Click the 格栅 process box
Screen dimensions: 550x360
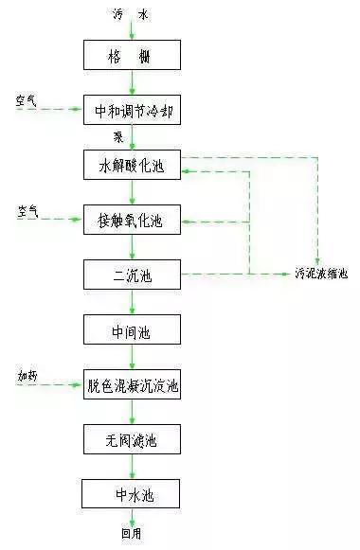pos(132,56)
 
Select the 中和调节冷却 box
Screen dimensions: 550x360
pos(132,111)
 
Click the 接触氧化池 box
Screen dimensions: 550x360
pos(132,222)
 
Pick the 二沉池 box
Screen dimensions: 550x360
pos(132,275)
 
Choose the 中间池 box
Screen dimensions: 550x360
pos(132,330)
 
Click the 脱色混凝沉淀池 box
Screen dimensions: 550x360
pos(132,385)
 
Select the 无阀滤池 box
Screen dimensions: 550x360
pos(132,440)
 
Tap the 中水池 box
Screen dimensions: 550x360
pos(132,493)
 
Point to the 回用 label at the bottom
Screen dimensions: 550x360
pos(131,534)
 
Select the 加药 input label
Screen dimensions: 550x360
pos(27,377)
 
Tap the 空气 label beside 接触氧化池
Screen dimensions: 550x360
pos(27,210)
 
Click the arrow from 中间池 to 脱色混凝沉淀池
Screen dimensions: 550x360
pos(132,358)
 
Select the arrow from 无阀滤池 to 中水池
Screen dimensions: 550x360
pos(132,468)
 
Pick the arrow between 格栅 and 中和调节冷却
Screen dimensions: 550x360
pos(132,83)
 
